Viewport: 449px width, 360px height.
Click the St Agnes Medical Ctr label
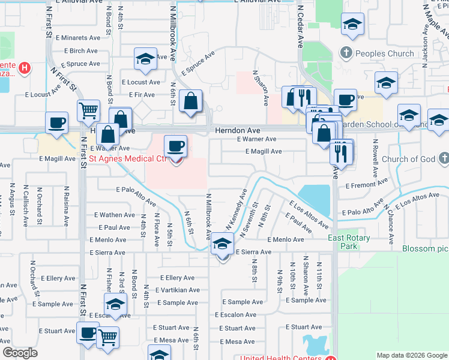pyautogui.click(x=127, y=159)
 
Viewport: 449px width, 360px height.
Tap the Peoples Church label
pyautogui.click(x=384, y=53)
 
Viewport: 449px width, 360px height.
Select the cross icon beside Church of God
pyautogui.click(x=443, y=158)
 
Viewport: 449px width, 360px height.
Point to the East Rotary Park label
pyautogui.click(x=349, y=242)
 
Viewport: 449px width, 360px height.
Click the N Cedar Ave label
pyautogui.click(x=300, y=28)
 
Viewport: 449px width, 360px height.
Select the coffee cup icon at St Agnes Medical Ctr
pyautogui.click(x=175, y=146)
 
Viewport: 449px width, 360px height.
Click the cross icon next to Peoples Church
pyautogui.click(x=346, y=53)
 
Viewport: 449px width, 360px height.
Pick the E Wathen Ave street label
pyautogui.click(x=114, y=215)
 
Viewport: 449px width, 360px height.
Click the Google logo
pyautogui.click(x=20, y=353)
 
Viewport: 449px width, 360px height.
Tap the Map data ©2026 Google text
pyautogui.click(x=412, y=355)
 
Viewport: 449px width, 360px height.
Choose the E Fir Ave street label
pyautogui.click(x=142, y=95)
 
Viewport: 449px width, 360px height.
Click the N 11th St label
pyautogui.click(x=319, y=273)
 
